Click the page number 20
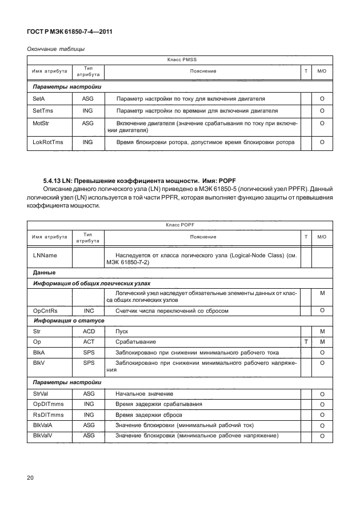tap(31, 478)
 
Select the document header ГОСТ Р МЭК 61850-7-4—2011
tap(69, 33)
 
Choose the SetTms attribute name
tap(43, 111)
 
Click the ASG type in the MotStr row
tap(88, 123)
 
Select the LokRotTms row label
tap(48, 142)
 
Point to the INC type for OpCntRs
tap(89, 310)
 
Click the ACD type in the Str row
tap(89, 331)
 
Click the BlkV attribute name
tap(40, 362)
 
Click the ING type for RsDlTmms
tap(89, 415)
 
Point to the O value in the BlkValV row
tap(322, 437)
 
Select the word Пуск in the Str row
tap(122, 331)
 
